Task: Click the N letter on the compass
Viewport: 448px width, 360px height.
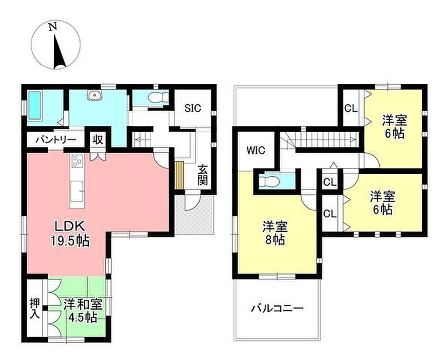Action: (x=52, y=27)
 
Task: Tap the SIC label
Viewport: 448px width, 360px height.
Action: (x=192, y=108)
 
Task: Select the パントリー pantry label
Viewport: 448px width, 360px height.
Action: (x=56, y=140)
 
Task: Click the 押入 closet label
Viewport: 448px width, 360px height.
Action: (x=35, y=308)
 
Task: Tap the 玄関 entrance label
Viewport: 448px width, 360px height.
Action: (x=202, y=175)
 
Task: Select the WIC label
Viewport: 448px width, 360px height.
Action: (x=255, y=150)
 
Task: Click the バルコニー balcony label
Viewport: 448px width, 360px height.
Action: (x=277, y=308)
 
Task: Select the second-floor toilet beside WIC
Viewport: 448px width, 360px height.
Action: (x=269, y=182)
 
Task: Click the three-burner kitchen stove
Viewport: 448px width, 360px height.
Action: (x=77, y=161)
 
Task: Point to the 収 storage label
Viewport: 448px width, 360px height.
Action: (x=98, y=140)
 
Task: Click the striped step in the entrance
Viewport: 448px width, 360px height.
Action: (x=179, y=175)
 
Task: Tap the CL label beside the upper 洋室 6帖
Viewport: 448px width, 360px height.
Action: (x=350, y=108)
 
